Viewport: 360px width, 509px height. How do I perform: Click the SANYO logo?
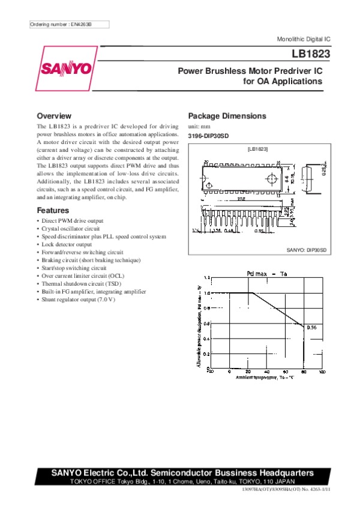coord(66,68)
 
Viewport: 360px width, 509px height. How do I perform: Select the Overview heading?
coord(54,116)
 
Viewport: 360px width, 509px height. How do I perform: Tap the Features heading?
coord(53,211)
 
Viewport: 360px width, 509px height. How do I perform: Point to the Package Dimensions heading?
coord(227,116)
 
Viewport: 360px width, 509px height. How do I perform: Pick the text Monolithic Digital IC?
coord(304,38)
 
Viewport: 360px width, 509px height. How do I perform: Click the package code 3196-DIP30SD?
coord(209,136)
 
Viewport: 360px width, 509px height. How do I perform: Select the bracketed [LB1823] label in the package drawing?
coord(257,148)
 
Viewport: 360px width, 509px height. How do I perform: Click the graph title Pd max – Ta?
coord(267,274)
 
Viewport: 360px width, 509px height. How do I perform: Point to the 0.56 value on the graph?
coord(311,328)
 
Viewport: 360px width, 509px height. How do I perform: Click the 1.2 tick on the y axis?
coord(207,279)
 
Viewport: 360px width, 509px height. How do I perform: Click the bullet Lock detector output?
coord(67,244)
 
